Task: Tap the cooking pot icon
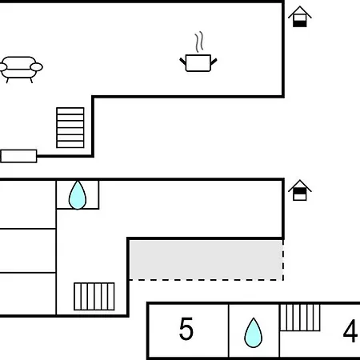[198, 63]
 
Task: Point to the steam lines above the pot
[199, 42]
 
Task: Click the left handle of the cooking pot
[182, 62]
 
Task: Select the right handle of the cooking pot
[214, 62]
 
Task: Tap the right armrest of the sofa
[36, 66]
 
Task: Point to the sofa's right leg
[31, 80]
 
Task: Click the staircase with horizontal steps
[70, 127]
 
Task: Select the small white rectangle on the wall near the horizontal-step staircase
[18, 156]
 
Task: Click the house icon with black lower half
[300, 17]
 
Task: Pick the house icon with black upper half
[300, 190]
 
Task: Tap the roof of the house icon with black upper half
[300, 186]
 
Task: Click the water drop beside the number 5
[253, 333]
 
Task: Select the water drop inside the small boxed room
[78, 195]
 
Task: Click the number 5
[186, 329]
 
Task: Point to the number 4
[350, 331]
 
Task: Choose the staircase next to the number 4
[300, 318]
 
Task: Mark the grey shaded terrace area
[206, 260]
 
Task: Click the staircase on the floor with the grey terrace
[94, 297]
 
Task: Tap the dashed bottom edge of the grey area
[206, 280]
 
